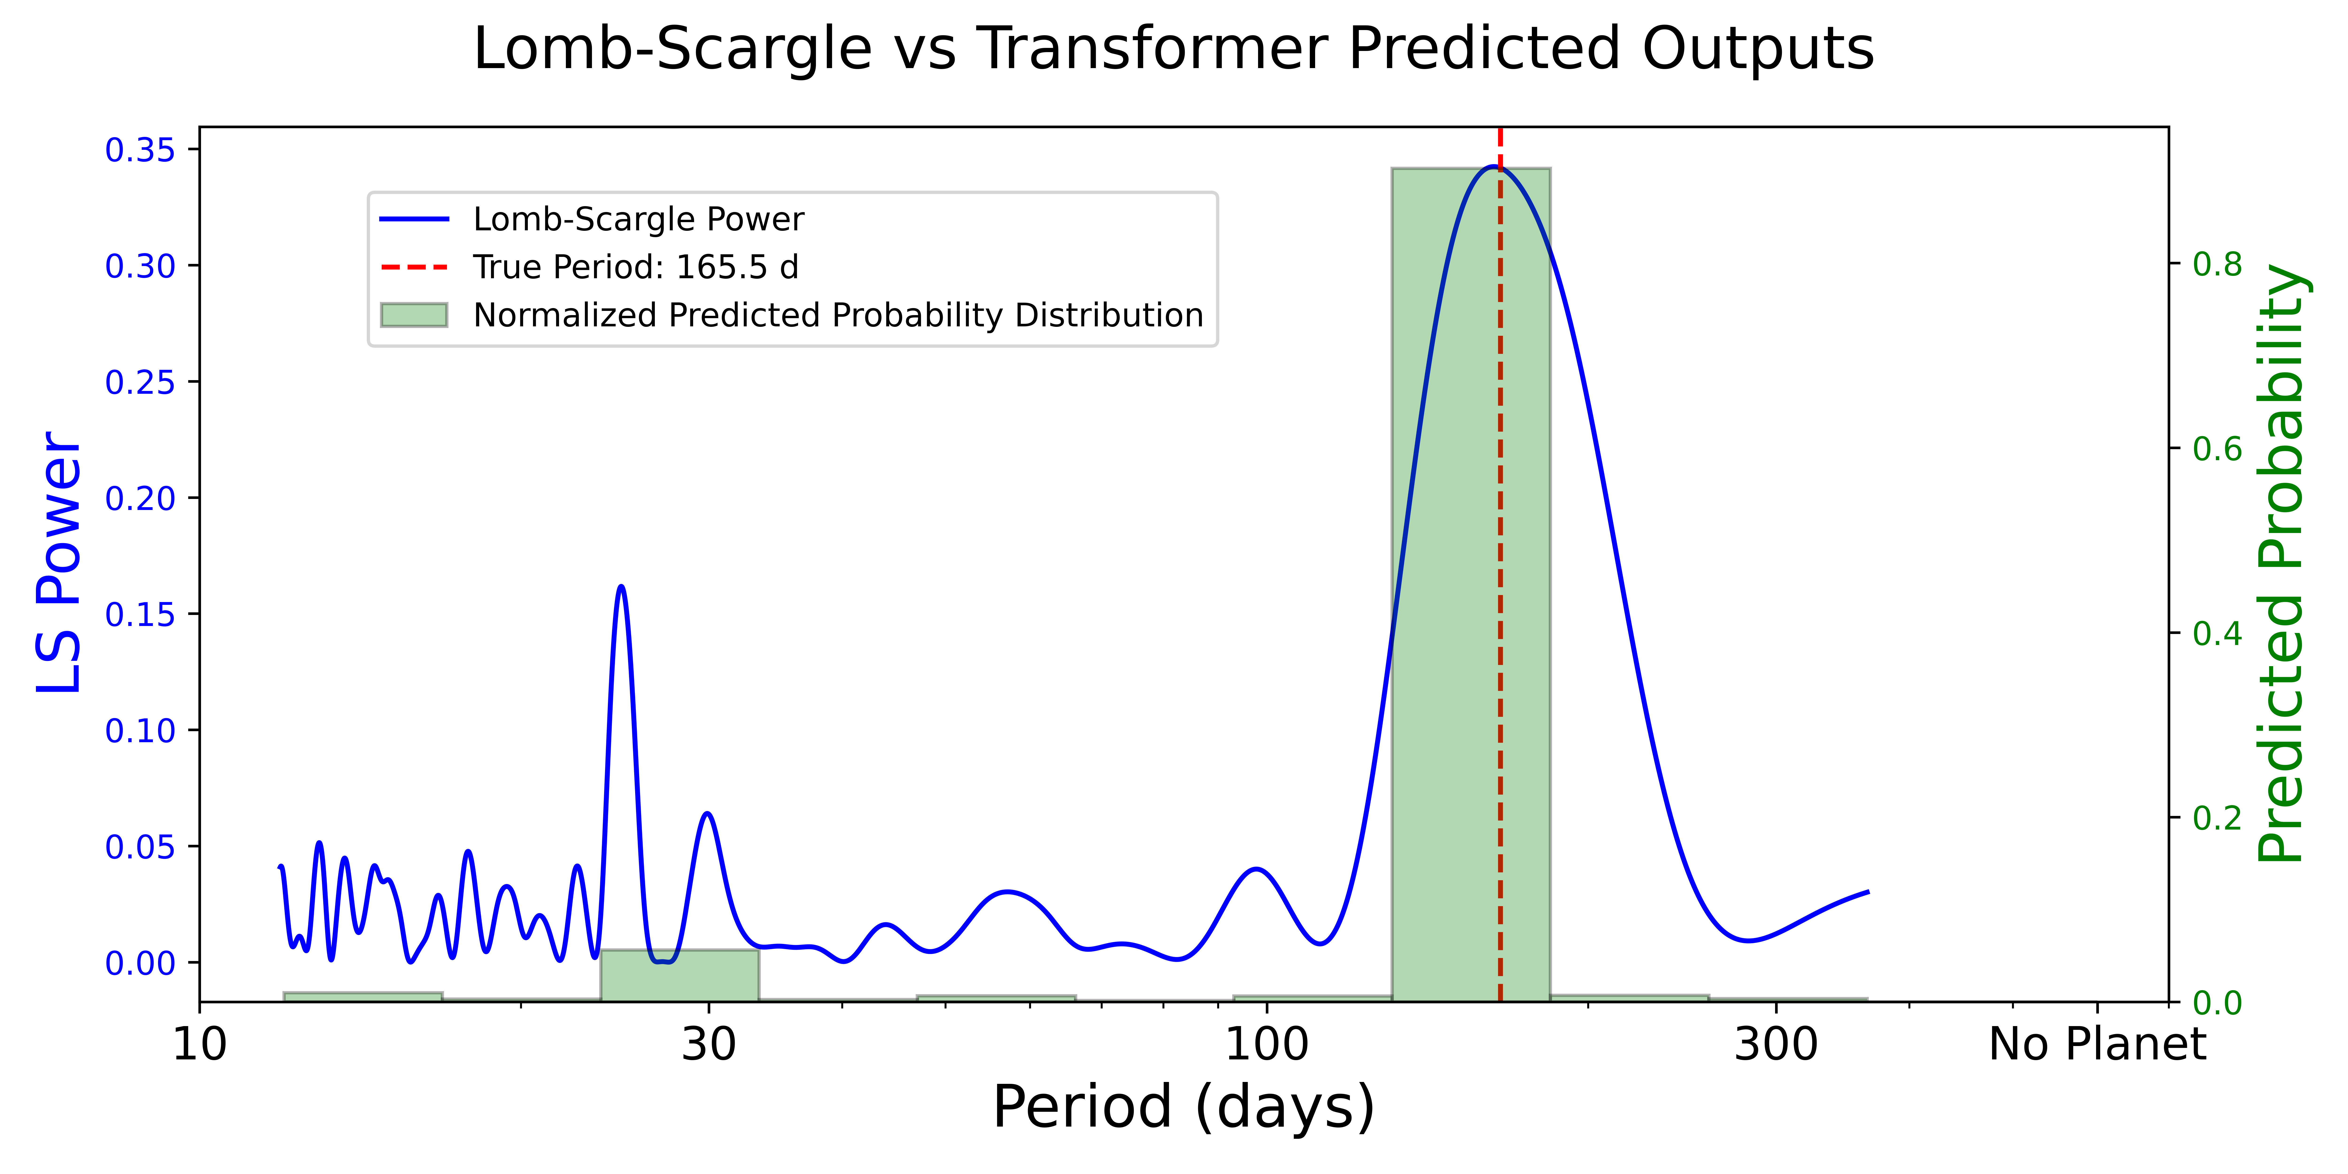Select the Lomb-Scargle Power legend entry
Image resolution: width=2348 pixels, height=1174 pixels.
click(638, 220)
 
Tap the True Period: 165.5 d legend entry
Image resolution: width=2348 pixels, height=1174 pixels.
click(635, 267)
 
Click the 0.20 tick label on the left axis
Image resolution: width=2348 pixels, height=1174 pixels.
click(140, 498)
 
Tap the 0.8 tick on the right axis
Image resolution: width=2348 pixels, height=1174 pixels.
click(2217, 264)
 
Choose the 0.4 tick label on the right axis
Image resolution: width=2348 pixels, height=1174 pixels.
click(2217, 633)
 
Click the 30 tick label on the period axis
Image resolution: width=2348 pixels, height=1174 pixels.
click(708, 1045)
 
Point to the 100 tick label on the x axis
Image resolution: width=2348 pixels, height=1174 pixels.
click(1266, 1045)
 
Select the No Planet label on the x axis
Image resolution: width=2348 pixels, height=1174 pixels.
click(2097, 1045)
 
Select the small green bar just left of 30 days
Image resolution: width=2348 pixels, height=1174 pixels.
click(679, 975)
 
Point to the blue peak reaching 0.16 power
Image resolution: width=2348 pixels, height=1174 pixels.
click(621, 588)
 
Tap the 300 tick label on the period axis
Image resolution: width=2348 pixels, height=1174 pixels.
click(1776, 1045)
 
